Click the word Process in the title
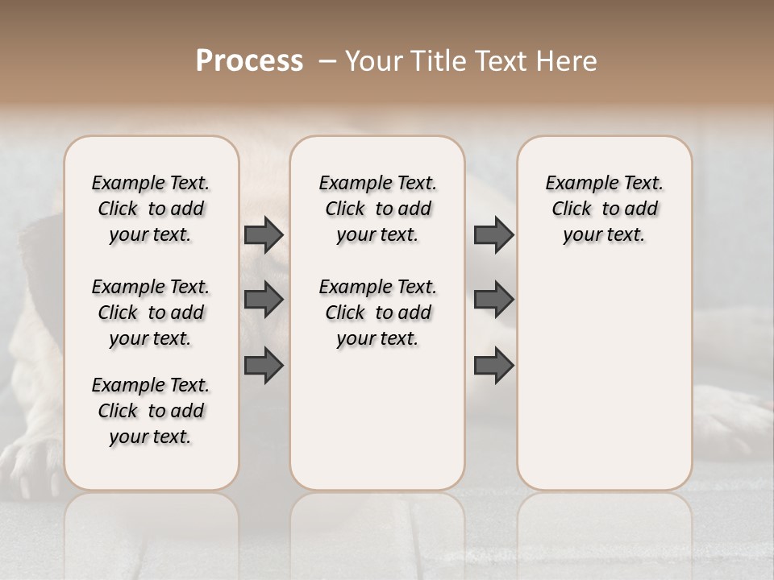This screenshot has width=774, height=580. click(x=249, y=61)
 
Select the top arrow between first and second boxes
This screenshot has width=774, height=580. click(x=264, y=234)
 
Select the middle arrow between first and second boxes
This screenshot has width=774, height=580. click(x=264, y=300)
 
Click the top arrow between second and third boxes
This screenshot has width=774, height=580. click(x=493, y=234)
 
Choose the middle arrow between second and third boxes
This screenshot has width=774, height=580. click(x=493, y=300)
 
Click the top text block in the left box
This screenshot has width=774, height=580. click(x=151, y=209)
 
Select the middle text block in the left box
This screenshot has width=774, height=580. click(x=151, y=313)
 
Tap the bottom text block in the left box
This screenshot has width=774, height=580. click(x=151, y=411)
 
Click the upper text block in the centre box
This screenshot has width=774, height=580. click(x=378, y=209)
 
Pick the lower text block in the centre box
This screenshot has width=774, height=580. click(x=378, y=313)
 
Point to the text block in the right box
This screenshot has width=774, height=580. click(x=605, y=209)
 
